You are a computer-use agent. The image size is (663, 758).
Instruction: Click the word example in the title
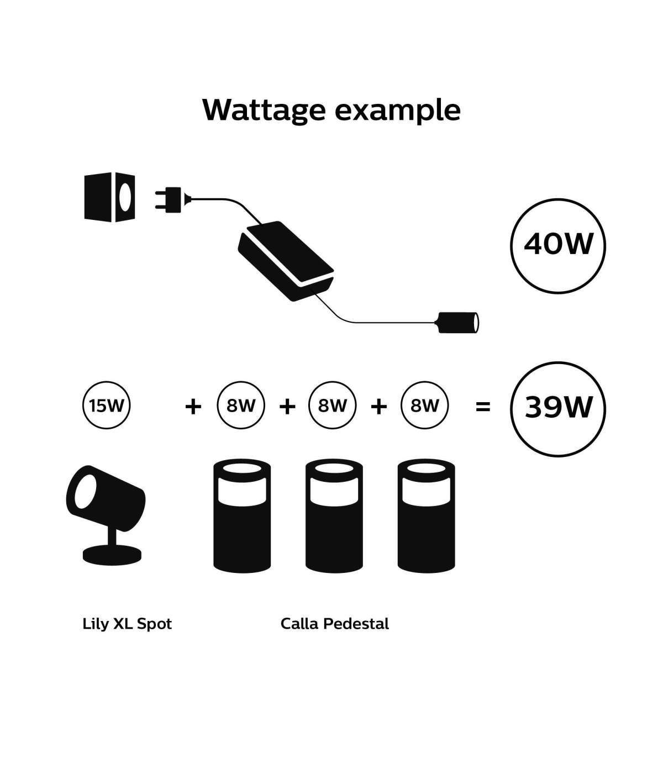398,110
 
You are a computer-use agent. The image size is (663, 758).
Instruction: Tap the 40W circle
557,244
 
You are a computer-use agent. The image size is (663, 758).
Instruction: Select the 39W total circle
557,408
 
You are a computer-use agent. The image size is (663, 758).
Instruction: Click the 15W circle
107,406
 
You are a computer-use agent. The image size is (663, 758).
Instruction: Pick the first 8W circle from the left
241,406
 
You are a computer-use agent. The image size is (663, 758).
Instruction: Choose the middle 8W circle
333,406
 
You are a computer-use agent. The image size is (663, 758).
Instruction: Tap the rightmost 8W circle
424,406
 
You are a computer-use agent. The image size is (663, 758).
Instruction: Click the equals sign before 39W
483,407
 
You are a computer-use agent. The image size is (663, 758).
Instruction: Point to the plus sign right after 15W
193,407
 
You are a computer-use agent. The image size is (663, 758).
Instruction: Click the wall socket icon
109,197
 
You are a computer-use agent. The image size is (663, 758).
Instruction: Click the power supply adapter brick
286,260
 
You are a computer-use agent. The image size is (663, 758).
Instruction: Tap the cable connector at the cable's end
459,322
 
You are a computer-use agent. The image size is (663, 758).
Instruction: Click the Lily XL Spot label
127,624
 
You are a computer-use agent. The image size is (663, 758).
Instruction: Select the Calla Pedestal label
335,624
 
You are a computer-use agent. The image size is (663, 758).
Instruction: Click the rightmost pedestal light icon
426,517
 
